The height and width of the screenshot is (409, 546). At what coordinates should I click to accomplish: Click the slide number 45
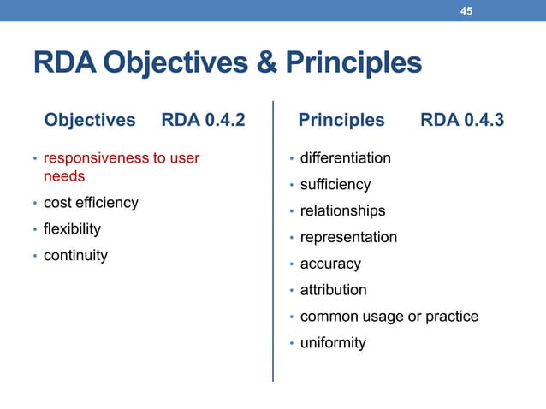coord(466,11)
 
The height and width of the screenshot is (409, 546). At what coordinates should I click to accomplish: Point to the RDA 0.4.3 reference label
coord(462,121)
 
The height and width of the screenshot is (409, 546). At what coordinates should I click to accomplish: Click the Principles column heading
coord(341,121)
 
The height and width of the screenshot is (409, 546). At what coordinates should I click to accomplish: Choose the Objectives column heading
coord(90,121)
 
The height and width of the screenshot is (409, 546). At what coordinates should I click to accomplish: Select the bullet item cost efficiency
coord(91,203)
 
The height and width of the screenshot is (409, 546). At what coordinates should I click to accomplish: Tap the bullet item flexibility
coord(73,228)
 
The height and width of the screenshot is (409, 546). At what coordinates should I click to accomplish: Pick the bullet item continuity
coord(75,255)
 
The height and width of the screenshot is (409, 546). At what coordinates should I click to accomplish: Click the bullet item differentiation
coord(345,158)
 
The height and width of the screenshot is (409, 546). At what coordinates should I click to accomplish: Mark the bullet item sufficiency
coord(335,185)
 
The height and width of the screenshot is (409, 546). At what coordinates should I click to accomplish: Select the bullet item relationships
coord(342,211)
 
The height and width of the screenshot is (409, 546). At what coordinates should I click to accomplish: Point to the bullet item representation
coord(348,238)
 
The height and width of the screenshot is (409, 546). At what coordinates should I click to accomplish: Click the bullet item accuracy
coord(330,264)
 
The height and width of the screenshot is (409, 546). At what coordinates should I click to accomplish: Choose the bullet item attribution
coord(333,291)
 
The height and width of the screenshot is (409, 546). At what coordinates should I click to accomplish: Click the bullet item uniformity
coord(333,343)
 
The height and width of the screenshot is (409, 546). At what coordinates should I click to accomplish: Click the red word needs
coord(64,176)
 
